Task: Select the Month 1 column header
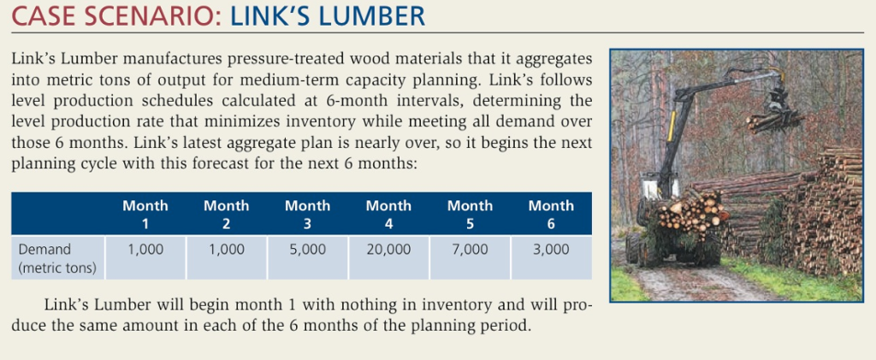coord(145,213)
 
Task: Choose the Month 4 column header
coord(388,213)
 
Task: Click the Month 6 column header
coord(551,213)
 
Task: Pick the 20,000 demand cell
coord(388,250)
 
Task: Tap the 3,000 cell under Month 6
coord(551,250)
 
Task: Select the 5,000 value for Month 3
coord(307,250)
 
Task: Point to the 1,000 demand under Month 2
coord(226,250)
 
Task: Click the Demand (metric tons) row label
coord(56,258)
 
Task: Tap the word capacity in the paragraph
coord(438,80)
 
